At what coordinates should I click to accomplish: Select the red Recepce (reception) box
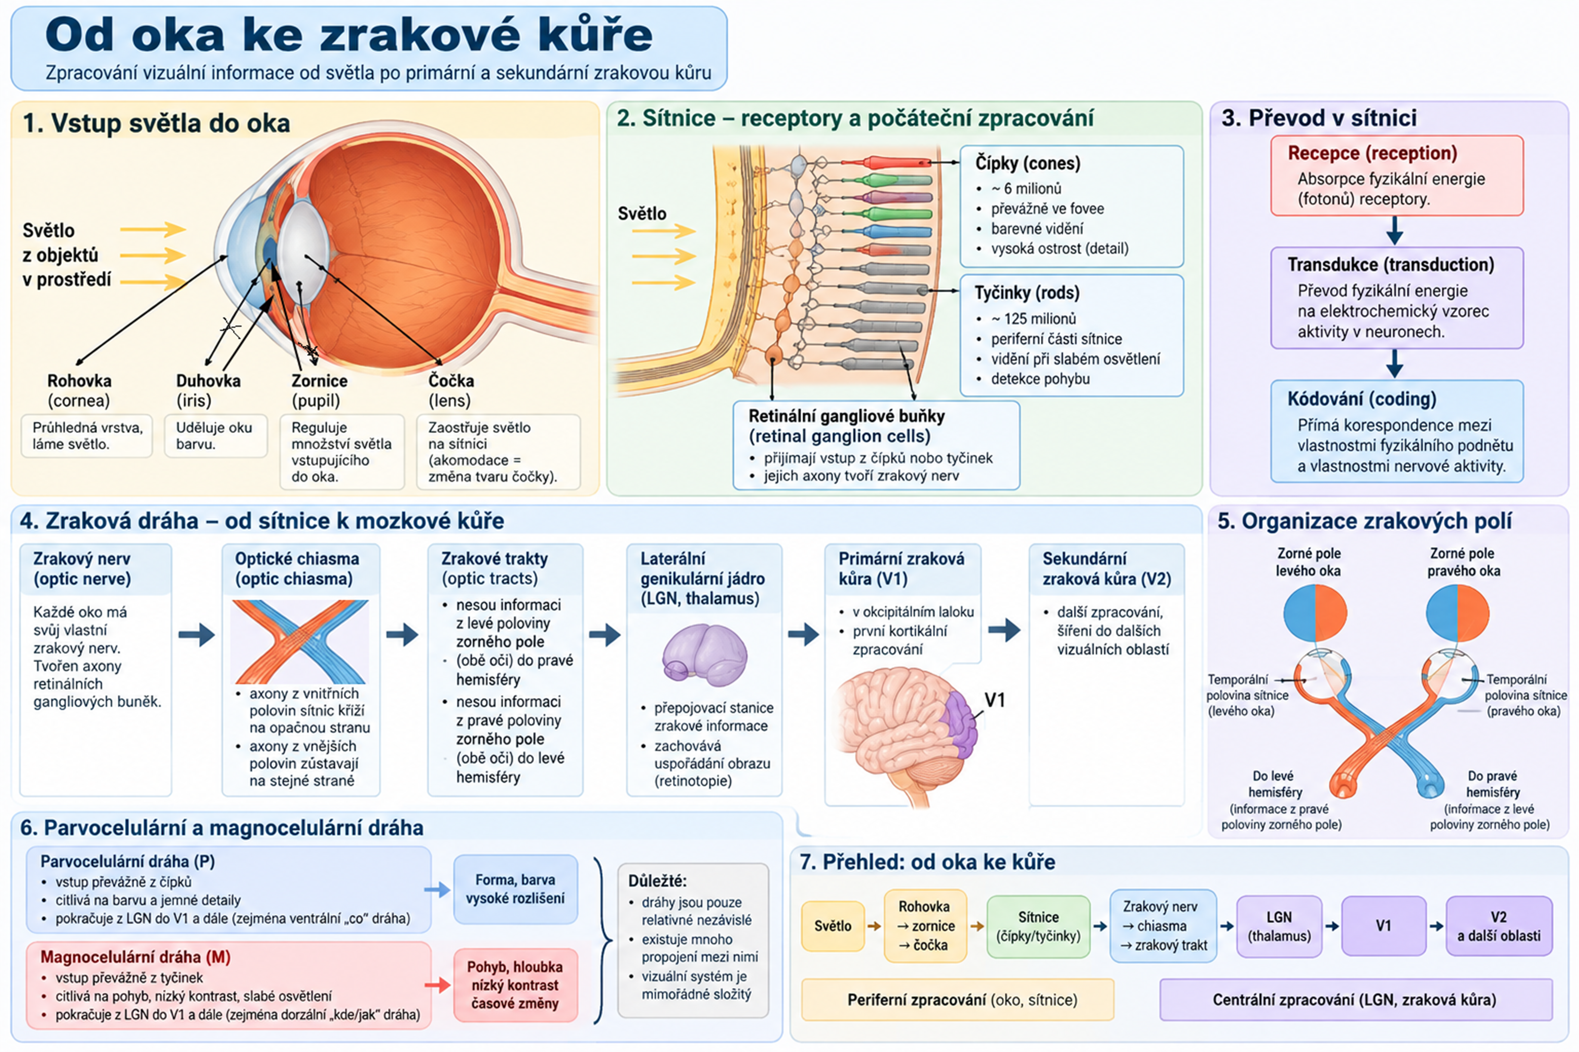pos(1396,176)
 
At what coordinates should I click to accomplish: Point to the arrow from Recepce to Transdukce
pos(1394,231)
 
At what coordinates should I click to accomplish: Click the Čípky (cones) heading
pos(1027,163)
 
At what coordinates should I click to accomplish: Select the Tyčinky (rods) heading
pos(1027,292)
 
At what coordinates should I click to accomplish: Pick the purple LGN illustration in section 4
pos(704,655)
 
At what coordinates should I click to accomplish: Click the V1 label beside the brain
pos(994,700)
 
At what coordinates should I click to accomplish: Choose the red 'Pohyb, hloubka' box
pos(515,985)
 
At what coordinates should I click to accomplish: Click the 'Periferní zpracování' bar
pos(958,1000)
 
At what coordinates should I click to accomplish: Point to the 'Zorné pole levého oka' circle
pos(1316,613)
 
